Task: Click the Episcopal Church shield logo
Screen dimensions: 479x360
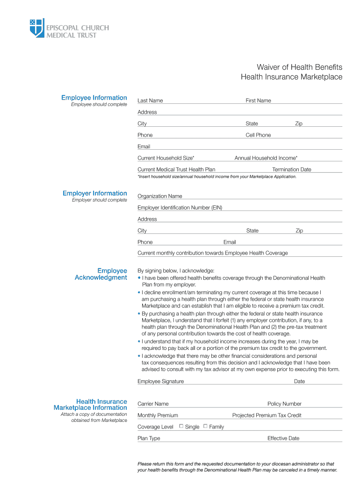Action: click(x=36, y=28)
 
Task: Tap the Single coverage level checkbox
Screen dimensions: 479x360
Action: click(x=181, y=426)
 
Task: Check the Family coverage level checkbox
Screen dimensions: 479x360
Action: click(x=205, y=426)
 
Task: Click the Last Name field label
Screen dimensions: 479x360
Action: click(x=150, y=101)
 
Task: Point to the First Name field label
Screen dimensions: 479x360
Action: click(x=258, y=101)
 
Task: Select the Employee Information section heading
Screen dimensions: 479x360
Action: click(x=94, y=97)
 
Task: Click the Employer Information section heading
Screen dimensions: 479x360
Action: click(x=95, y=193)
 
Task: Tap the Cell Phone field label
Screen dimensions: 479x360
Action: click(x=258, y=135)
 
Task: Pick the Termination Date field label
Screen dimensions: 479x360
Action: click(x=291, y=169)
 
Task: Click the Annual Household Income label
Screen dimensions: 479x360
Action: click(x=266, y=158)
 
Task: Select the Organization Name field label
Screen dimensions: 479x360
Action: click(x=160, y=196)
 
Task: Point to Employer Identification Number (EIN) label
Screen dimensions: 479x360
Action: click(x=180, y=208)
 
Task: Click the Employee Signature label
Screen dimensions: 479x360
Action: click(x=160, y=381)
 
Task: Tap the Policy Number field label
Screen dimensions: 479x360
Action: click(x=284, y=404)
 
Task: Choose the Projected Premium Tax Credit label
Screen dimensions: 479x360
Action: click(x=266, y=415)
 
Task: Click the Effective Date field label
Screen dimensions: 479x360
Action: click(x=283, y=438)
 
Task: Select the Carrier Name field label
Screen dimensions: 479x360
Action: click(x=153, y=404)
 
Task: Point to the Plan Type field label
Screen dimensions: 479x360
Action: click(x=149, y=438)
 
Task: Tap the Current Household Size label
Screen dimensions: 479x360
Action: click(x=166, y=158)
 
